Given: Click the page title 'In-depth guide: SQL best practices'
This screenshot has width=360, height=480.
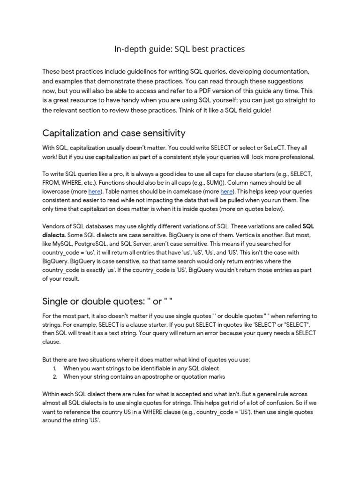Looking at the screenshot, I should point(180,49).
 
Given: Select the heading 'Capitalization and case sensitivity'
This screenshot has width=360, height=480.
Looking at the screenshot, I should point(114,133).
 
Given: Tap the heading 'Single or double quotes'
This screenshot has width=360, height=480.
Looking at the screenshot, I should point(111,300).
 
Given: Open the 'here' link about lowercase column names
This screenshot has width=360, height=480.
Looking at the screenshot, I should point(94,192).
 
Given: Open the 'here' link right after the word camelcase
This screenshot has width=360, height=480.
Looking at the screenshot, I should point(226,192).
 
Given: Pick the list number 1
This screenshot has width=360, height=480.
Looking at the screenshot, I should point(55,368).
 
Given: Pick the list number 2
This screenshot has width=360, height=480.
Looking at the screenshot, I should point(55,376).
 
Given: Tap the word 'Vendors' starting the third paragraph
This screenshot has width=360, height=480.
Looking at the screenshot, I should point(55,226).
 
